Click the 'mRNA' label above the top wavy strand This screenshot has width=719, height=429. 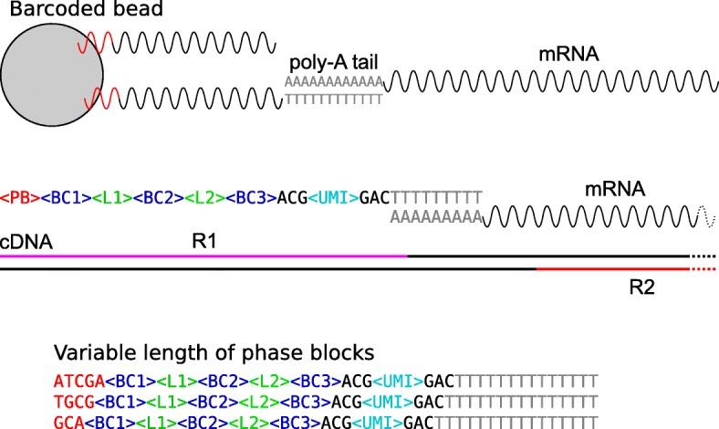[568, 56]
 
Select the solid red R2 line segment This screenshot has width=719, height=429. [611, 269]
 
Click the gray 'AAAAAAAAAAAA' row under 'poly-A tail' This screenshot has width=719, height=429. [333, 81]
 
